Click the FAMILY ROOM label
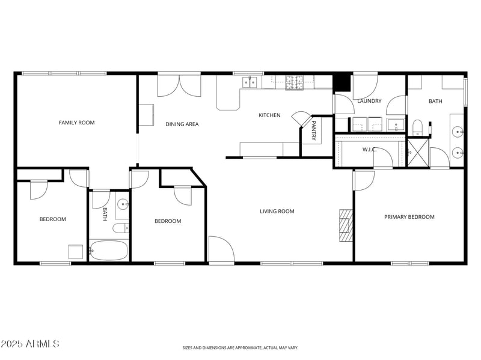tap(76, 123)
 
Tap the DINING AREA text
tap(182, 124)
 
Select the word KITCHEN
tap(269, 115)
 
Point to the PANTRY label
tap(314, 131)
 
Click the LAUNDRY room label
tap(369, 101)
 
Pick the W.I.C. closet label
tap(369, 149)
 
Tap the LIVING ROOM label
tap(277, 211)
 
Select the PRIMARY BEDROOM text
tap(409, 217)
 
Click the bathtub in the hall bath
tap(109, 250)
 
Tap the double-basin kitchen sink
tap(250, 82)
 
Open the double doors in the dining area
tap(180, 86)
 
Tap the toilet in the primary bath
tap(418, 126)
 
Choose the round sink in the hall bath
tap(123, 203)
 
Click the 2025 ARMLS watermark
tap(30, 344)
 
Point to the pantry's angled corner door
tap(300, 118)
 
